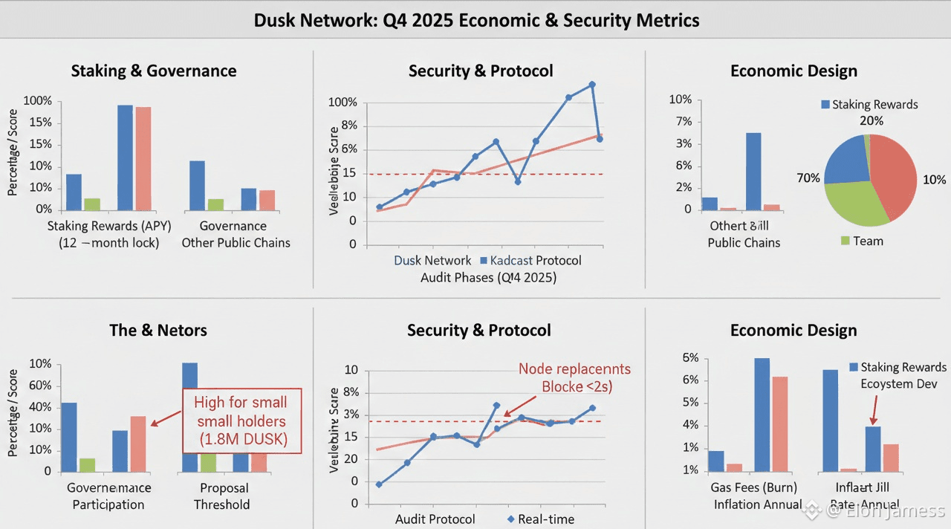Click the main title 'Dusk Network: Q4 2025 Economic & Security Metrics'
pos(476,20)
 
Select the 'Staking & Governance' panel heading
pos(154,71)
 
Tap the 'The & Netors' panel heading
pos(158,331)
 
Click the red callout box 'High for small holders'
pos(241,421)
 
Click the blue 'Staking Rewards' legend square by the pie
pos(825,105)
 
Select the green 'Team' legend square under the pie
pos(845,240)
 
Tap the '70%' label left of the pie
pos(808,178)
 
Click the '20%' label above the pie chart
pos(872,120)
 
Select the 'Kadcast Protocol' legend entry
pos(531,261)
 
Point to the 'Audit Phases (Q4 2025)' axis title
pos(488,278)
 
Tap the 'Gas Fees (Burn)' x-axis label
pos(755,488)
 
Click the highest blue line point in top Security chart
pos(592,85)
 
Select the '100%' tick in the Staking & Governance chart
pos(38,101)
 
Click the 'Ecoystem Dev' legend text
pos(899,384)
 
